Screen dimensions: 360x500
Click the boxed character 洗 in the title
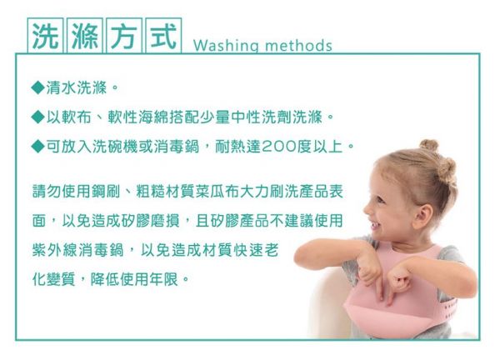click(x=43, y=36)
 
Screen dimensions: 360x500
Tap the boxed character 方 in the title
click(x=120, y=36)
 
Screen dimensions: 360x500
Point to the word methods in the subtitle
click(x=298, y=46)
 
